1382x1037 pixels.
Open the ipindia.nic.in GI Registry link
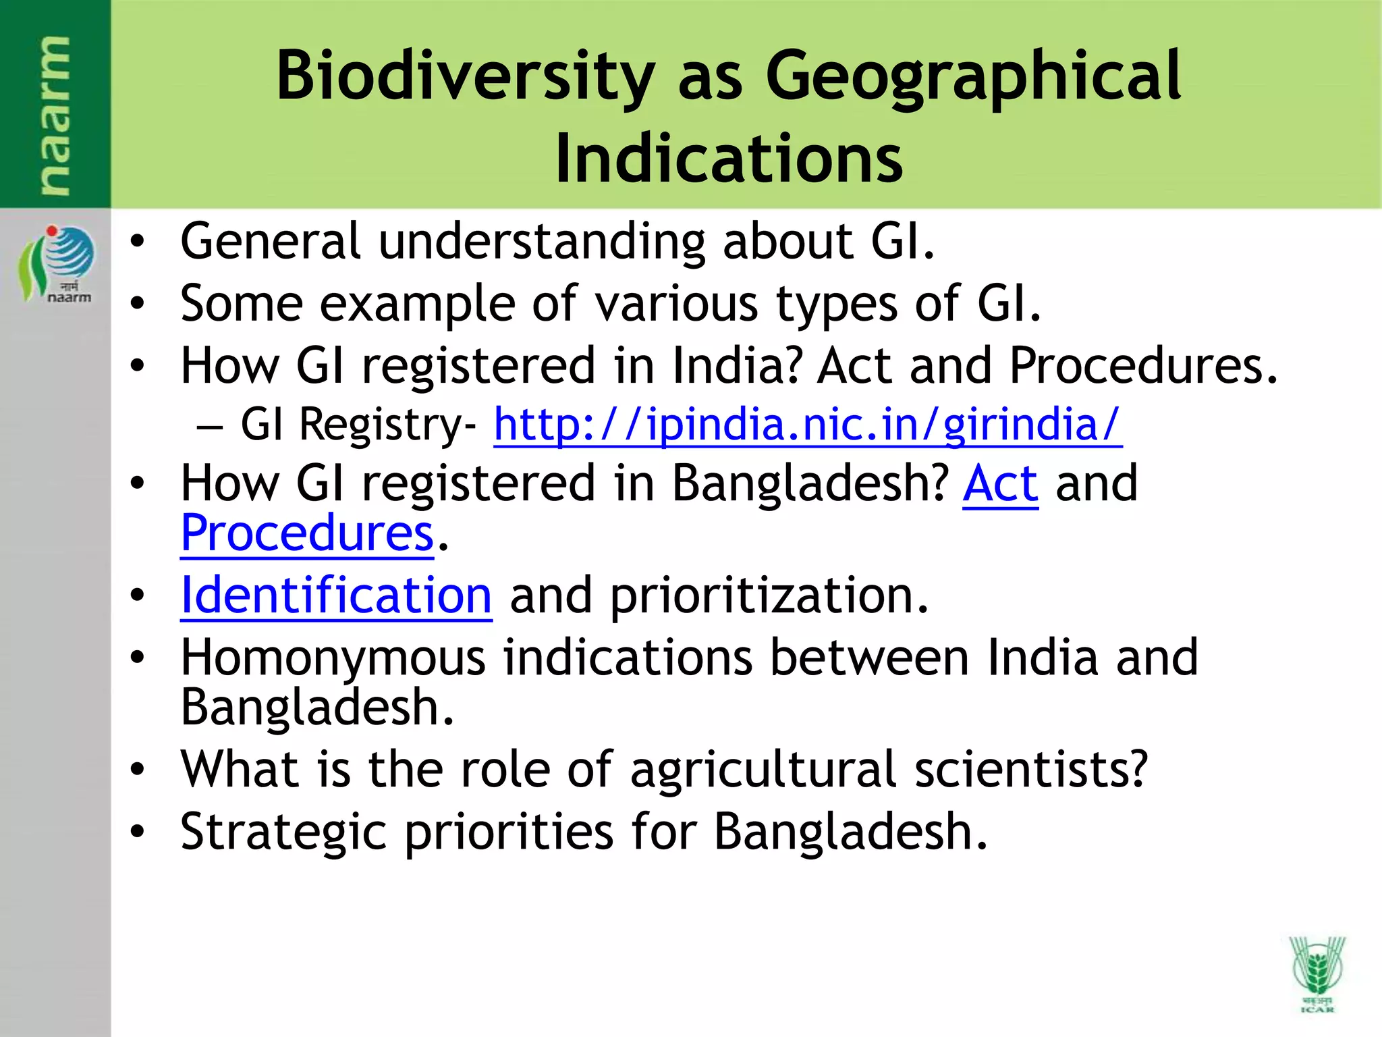click(807, 425)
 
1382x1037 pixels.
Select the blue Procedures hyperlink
click(307, 533)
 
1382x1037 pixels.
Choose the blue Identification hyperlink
click(336, 595)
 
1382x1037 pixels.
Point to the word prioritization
click(769, 595)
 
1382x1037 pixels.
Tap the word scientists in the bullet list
click(1030, 769)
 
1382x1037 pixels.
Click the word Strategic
click(283, 831)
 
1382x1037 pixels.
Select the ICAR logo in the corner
click(1317, 973)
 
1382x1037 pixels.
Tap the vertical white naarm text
click(54, 115)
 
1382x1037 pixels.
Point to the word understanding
click(541, 241)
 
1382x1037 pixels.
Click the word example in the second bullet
click(417, 303)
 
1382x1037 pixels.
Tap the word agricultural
click(763, 769)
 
